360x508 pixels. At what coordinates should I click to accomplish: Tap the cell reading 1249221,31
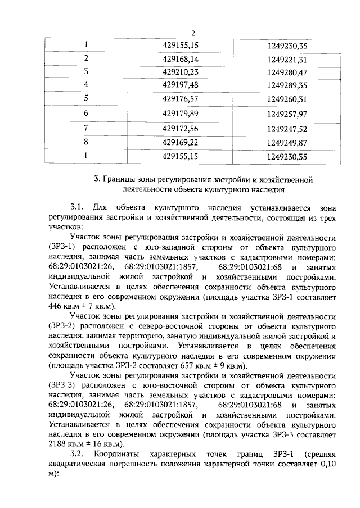pos(287,58)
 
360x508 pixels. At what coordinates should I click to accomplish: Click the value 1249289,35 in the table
pos(287,85)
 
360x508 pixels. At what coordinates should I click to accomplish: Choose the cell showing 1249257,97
pos(287,114)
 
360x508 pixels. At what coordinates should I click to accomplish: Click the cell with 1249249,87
pos(287,143)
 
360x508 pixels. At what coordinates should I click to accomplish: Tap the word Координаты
pos(116,453)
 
